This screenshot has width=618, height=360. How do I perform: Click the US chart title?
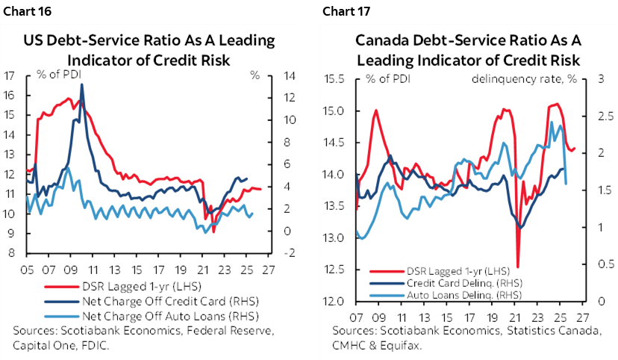pos(149,49)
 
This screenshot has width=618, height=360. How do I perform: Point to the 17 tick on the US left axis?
pos(10,75)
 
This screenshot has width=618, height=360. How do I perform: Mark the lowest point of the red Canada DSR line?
pos(517,266)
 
